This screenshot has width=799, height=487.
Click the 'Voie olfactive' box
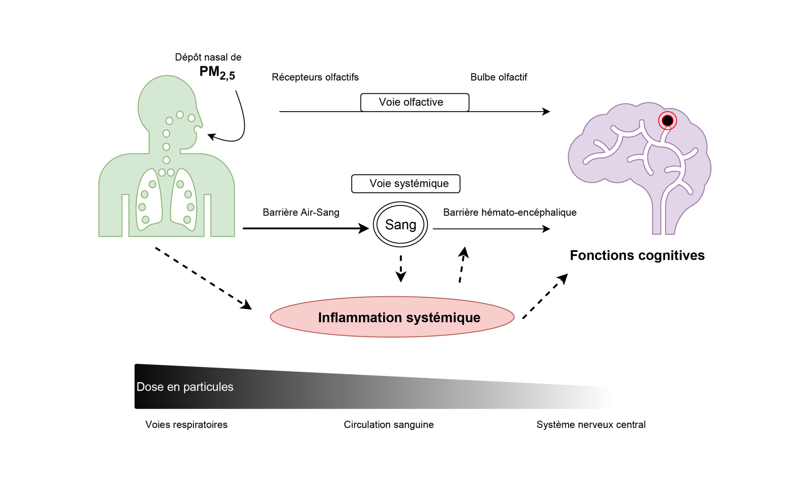coord(414,102)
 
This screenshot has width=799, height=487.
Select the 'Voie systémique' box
coord(405,184)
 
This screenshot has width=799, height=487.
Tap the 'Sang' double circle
coord(400,224)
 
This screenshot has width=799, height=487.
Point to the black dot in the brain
coord(667,121)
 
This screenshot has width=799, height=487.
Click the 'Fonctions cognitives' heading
coord(637,256)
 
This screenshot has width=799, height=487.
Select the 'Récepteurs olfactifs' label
coord(315,77)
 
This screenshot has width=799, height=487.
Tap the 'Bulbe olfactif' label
coord(498,77)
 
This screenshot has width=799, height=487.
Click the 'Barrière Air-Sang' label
coord(301,212)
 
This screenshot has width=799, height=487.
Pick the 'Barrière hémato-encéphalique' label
coord(509,212)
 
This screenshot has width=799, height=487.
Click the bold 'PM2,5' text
coord(217,72)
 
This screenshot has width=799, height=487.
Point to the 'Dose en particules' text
coord(185,387)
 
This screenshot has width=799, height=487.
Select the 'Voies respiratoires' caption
coord(186,424)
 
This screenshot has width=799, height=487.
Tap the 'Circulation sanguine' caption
coord(389,424)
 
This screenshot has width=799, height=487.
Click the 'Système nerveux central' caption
coord(591,424)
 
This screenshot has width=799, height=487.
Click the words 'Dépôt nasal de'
coord(208,57)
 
